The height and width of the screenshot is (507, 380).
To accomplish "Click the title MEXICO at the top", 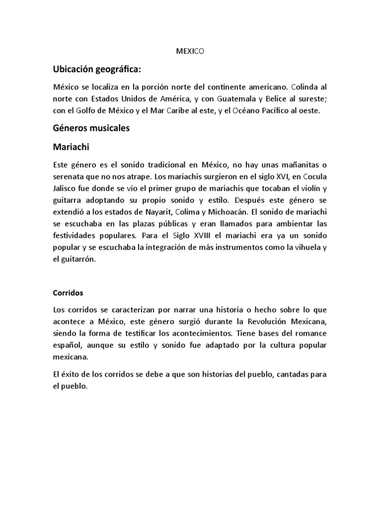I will [190, 51].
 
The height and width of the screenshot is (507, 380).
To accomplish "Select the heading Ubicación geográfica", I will [100, 68].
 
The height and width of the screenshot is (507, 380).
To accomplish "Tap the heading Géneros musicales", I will [91, 128].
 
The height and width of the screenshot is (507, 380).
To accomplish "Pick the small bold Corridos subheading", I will [68, 293].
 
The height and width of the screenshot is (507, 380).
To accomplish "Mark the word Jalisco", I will [66, 188].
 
